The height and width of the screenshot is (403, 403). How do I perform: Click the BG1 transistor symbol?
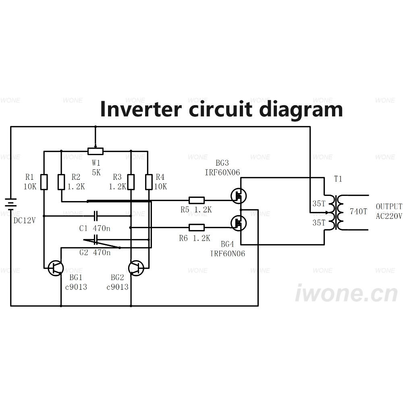pyautogui.click(x=56, y=268)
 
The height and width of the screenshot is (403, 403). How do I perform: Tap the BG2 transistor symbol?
pyautogui.click(x=136, y=268)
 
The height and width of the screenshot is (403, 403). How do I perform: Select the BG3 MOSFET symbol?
pyautogui.click(x=239, y=196)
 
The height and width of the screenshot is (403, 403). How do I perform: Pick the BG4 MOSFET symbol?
pyautogui.click(x=239, y=223)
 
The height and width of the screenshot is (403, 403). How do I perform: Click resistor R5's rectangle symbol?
pyautogui.click(x=197, y=200)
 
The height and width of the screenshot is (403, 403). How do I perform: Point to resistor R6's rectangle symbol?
pyautogui.click(x=197, y=227)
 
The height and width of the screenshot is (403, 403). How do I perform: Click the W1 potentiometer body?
pyautogui.click(x=96, y=152)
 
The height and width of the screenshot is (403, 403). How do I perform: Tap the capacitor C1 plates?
pyautogui.click(x=96, y=216)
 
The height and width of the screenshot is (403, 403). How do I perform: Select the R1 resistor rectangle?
pyautogui.click(x=44, y=182)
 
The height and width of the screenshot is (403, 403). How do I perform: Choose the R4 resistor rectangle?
pyautogui.click(x=149, y=182)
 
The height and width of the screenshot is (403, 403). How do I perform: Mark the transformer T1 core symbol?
pyautogui.click(x=335, y=212)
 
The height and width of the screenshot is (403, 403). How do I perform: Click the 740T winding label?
pyautogui.click(x=358, y=212)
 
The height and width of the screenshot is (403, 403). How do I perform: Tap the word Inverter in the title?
pyautogui.click(x=141, y=109)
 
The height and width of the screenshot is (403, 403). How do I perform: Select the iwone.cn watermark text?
pyautogui.click(x=347, y=293)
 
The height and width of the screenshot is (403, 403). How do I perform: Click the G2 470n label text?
pyautogui.click(x=95, y=252)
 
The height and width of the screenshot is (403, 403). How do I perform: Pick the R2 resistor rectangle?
pyautogui.click(x=61, y=182)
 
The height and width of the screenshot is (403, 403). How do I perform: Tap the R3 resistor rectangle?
pyautogui.click(x=131, y=182)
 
